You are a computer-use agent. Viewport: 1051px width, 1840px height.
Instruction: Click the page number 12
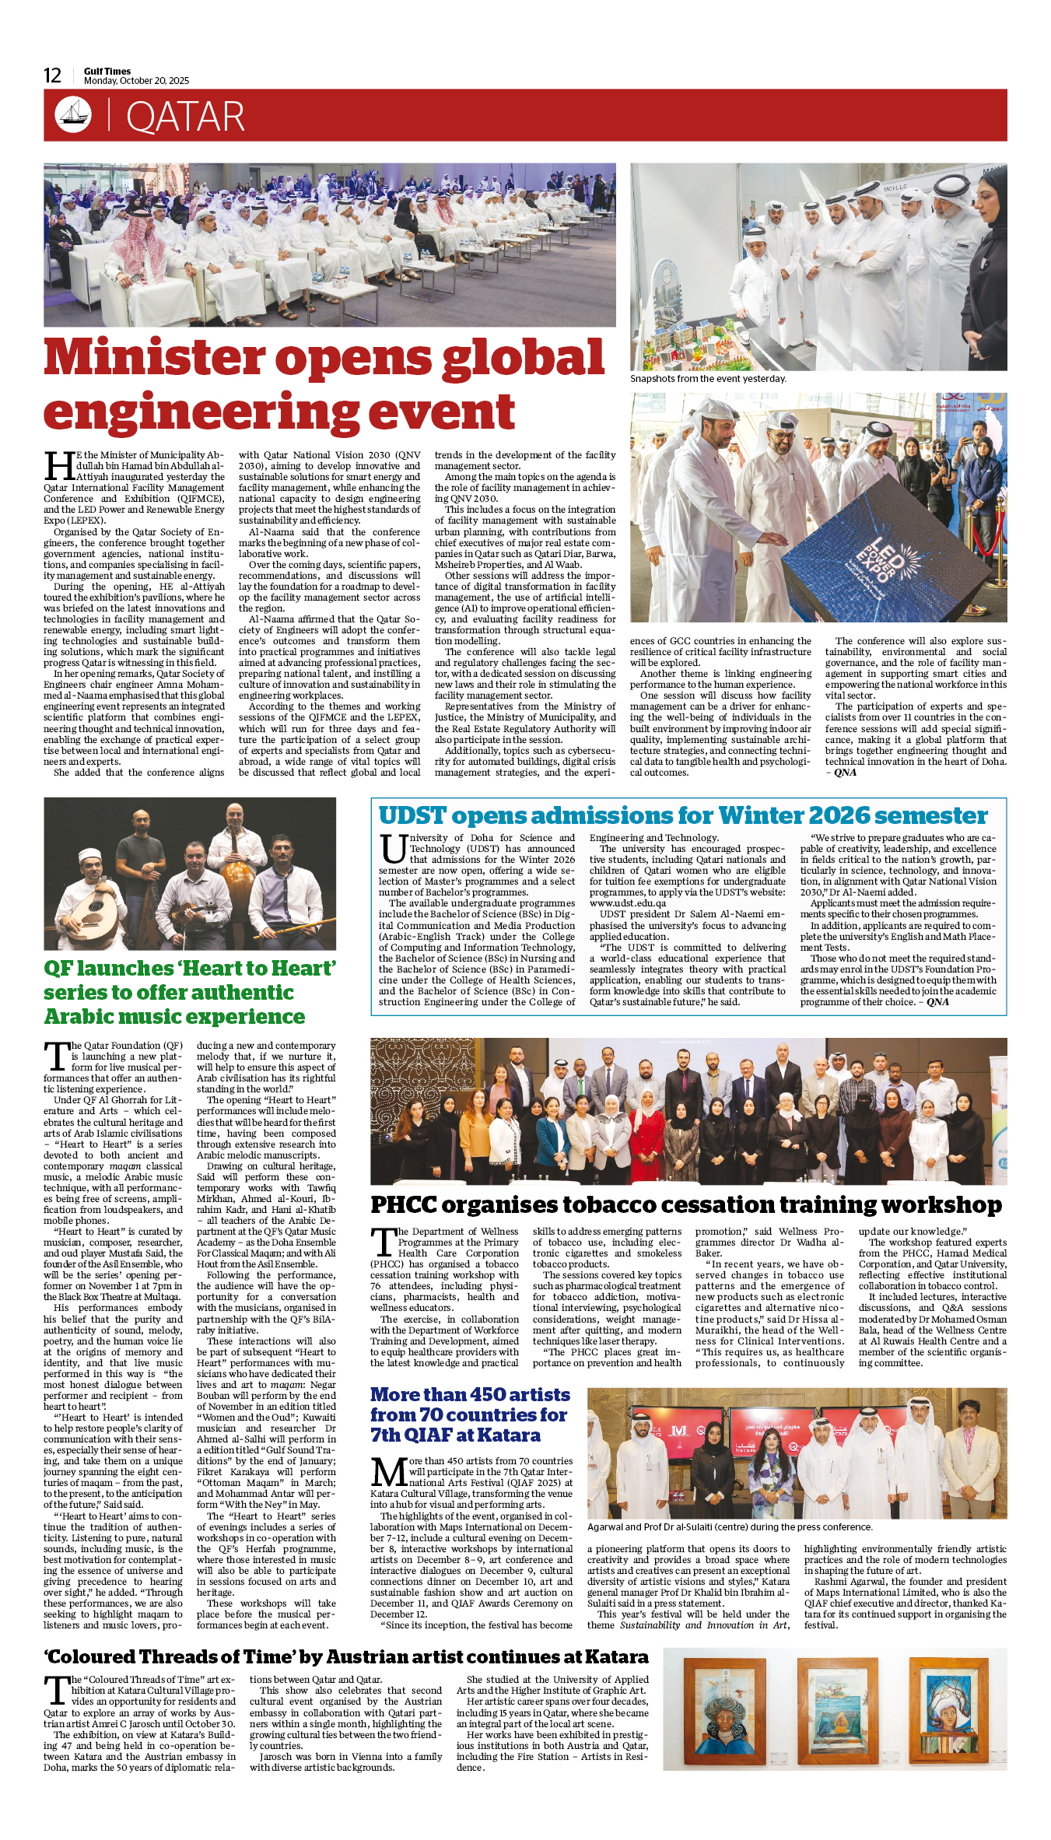click(x=52, y=75)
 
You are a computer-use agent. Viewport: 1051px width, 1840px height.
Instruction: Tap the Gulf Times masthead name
click(x=107, y=71)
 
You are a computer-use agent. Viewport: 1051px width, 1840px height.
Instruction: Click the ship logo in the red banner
click(x=72, y=115)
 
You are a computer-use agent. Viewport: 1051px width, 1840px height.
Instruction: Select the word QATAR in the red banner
click(x=185, y=117)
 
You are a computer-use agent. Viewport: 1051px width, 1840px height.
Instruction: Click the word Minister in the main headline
click(x=154, y=358)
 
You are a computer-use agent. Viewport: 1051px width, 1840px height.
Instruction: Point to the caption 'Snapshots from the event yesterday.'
click(x=708, y=379)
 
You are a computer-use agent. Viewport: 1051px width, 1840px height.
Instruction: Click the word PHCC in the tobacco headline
click(x=404, y=1205)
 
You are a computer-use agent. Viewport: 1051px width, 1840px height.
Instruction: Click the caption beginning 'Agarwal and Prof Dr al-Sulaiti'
click(x=730, y=1527)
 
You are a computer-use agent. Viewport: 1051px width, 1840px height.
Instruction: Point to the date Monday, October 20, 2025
click(x=136, y=81)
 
